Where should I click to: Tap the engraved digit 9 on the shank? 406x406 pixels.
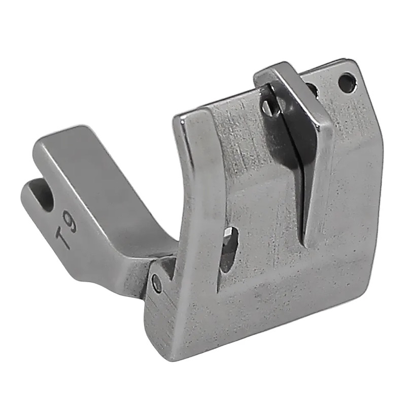coord(71,223)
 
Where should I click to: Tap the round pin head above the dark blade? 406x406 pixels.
coord(267,106)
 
